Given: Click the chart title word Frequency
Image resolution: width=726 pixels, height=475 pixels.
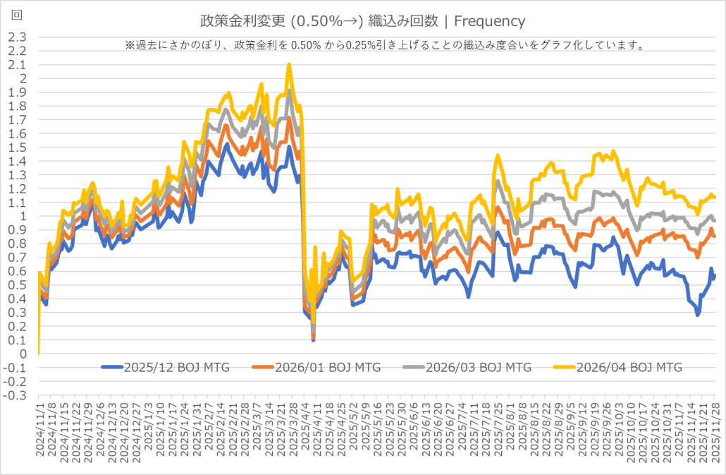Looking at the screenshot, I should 492,22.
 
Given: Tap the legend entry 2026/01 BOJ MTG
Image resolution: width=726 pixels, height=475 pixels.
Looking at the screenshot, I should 326,367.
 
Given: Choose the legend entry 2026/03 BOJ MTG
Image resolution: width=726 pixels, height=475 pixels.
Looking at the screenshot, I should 477,367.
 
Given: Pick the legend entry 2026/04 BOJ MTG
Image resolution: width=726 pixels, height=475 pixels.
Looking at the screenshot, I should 628,367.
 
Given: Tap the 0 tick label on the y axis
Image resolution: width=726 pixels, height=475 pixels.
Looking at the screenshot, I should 23,354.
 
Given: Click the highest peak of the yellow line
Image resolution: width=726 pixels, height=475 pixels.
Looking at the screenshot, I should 289,65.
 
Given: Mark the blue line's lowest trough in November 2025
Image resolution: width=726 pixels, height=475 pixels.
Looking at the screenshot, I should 698,314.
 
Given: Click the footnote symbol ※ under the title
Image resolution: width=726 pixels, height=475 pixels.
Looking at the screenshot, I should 129,45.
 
